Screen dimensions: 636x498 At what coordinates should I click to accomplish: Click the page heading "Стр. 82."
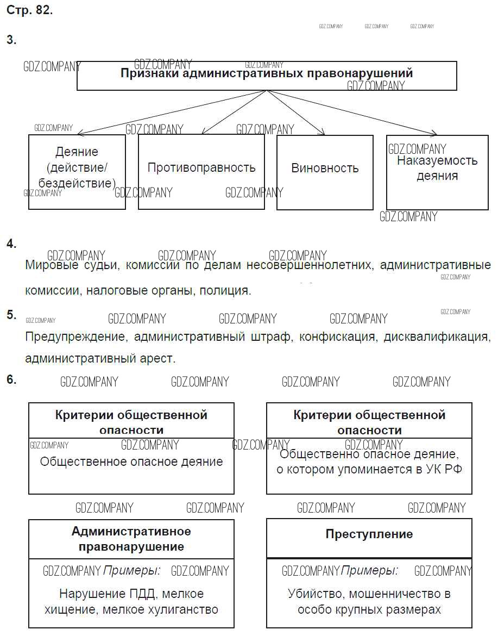coord(29,10)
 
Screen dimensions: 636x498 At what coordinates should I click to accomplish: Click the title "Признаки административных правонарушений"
coord(266,73)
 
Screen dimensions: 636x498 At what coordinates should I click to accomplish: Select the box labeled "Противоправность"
coord(201,168)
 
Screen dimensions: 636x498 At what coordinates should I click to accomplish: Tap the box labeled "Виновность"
coord(325,169)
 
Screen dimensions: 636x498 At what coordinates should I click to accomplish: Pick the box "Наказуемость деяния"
coord(437,169)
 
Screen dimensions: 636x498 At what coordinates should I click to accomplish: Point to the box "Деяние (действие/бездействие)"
coord(77,168)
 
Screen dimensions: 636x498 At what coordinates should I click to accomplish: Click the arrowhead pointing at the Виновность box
coord(323,132)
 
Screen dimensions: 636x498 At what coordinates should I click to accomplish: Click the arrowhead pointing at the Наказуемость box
coord(434,133)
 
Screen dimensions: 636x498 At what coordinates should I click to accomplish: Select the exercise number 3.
coord(11,40)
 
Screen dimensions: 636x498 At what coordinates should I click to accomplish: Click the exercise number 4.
coord(11,244)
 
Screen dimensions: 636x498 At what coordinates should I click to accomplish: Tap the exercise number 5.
coord(11,315)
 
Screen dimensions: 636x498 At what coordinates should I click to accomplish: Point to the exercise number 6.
coord(11,380)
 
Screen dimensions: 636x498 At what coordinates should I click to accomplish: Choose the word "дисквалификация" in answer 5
coord(437,336)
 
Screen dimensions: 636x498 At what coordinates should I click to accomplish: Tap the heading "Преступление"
coord(369,534)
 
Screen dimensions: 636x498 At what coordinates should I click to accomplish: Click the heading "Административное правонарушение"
coord(131,539)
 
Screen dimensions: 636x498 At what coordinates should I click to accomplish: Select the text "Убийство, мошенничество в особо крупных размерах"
coord(369,602)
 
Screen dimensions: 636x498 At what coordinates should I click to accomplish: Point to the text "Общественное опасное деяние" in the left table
coord(131,462)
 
